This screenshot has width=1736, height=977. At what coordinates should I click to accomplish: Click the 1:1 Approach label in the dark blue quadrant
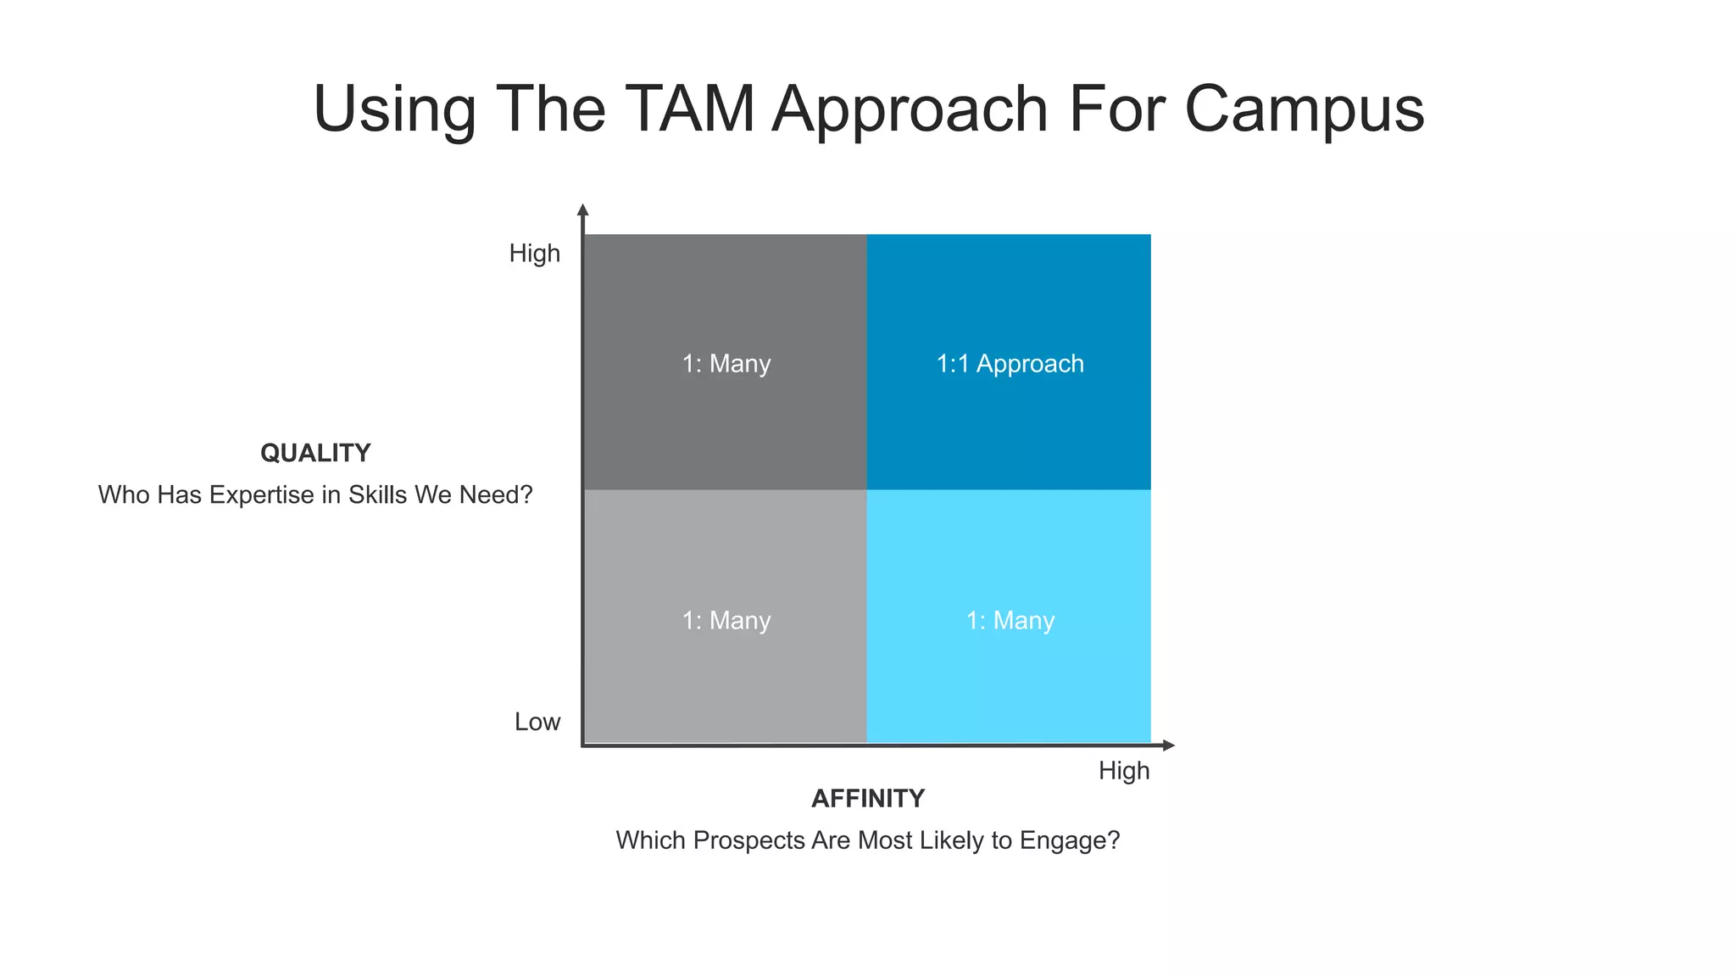[x=1010, y=364]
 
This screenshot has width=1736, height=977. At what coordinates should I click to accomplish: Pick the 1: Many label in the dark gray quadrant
[x=726, y=364]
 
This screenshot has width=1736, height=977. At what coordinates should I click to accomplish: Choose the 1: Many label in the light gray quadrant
[x=726, y=621]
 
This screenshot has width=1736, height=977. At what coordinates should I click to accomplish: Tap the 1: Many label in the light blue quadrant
[x=1010, y=621]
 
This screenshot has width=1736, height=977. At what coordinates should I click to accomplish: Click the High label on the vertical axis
[x=534, y=254]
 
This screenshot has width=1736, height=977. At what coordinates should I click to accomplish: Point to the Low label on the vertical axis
[x=537, y=722]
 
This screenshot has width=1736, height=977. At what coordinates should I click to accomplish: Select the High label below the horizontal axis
[x=1124, y=771]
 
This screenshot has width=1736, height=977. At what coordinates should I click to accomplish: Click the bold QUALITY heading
[x=315, y=453]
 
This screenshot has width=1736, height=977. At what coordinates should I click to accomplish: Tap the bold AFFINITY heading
[x=868, y=798]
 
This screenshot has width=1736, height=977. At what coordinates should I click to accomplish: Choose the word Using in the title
[x=395, y=110]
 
